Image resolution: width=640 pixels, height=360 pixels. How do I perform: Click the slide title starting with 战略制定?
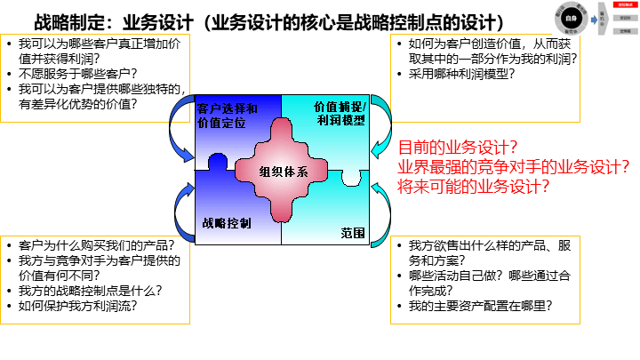pos(267,22)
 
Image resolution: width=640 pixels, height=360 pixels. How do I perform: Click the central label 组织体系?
pos(284,172)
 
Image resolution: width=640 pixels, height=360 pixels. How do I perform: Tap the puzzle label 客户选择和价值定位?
pos(228,116)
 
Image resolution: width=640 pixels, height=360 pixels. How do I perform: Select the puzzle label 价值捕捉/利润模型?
pos(340,113)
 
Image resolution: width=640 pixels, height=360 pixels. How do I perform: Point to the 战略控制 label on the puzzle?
pos(226,222)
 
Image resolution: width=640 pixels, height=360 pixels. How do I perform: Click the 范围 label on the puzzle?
pos(352,233)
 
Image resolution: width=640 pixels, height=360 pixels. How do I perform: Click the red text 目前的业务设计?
pos(458,148)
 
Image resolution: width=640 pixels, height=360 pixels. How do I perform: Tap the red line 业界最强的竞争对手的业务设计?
pos(513,167)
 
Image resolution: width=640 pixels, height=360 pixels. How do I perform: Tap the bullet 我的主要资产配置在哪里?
pos(481,305)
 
